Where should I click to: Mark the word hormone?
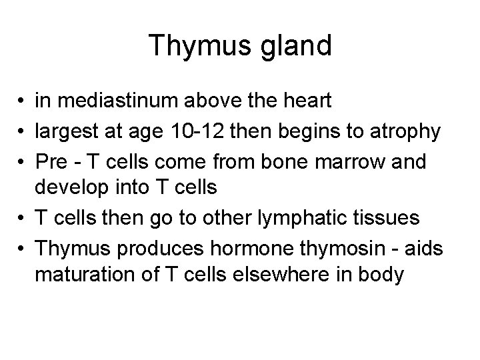[225, 247]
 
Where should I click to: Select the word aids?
[421, 247]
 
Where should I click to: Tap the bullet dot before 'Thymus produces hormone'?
[21, 247]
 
